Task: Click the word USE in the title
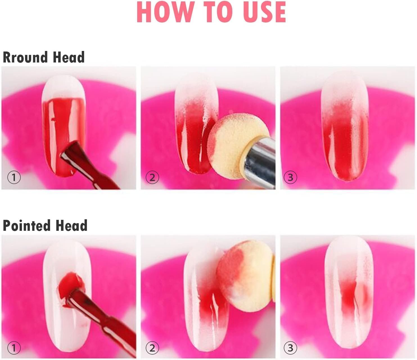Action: (264, 12)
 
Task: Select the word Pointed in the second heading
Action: (26, 225)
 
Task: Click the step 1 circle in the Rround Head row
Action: (14, 177)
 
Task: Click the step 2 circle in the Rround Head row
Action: (152, 177)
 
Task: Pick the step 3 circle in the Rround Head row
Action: (290, 177)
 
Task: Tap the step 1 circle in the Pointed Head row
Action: (14, 348)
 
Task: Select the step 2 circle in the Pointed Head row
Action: (152, 348)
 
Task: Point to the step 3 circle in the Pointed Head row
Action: (290, 348)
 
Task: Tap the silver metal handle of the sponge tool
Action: (260, 162)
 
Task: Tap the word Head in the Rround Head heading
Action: (69, 57)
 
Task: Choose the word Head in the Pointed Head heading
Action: (71, 225)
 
